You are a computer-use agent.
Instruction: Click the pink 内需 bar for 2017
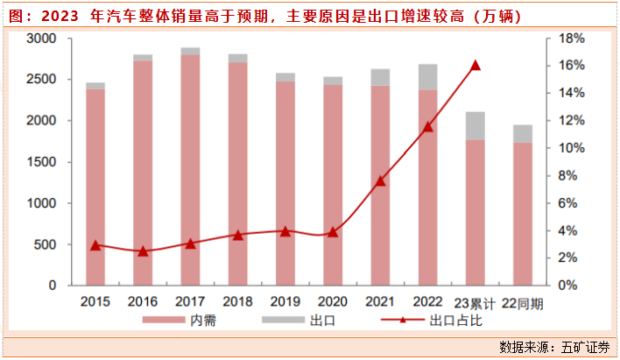[x=190, y=170]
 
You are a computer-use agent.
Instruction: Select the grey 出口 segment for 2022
[x=427, y=77]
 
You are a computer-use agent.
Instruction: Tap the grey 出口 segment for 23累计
[x=475, y=126]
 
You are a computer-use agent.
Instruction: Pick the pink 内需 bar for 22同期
[x=522, y=214]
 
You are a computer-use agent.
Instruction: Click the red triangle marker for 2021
[x=380, y=180]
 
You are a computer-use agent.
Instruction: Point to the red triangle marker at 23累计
[x=476, y=65]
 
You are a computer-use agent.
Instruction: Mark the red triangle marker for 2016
[x=143, y=251]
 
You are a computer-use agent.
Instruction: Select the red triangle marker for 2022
[x=427, y=127]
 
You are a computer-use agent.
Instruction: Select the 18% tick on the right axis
[x=568, y=39]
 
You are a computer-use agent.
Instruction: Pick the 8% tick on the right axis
[x=566, y=176]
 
